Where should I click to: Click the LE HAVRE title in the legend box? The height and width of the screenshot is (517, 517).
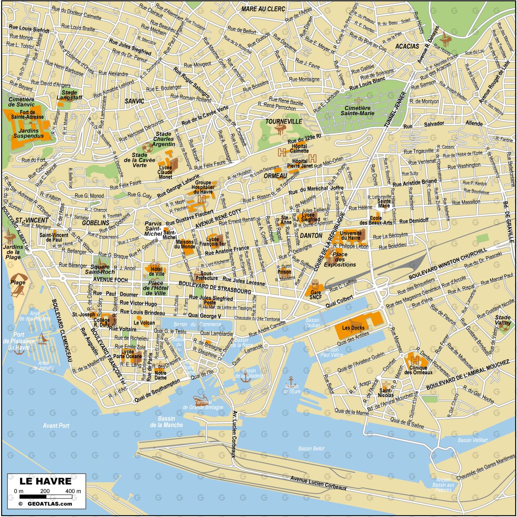(46, 481)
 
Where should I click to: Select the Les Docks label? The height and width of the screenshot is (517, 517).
(353, 328)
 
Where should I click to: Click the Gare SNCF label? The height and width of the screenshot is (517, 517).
(315, 295)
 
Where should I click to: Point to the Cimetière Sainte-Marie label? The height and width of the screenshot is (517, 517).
(358, 110)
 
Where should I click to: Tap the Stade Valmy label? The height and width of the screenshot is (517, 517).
(503, 320)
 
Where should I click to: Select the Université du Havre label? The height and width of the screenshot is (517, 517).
(351, 235)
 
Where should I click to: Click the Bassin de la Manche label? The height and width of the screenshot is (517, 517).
(167, 422)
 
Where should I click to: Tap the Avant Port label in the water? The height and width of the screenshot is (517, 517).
(56, 426)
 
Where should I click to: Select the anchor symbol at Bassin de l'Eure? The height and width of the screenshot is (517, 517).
(291, 379)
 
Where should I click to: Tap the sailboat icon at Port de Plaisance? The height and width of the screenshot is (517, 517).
(42, 338)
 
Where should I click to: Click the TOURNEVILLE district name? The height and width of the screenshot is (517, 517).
(284, 122)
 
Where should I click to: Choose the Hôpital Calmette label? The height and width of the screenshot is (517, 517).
(299, 148)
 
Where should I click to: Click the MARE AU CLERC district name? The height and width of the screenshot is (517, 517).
(263, 8)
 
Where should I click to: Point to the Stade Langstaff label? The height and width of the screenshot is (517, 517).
(69, 95)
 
